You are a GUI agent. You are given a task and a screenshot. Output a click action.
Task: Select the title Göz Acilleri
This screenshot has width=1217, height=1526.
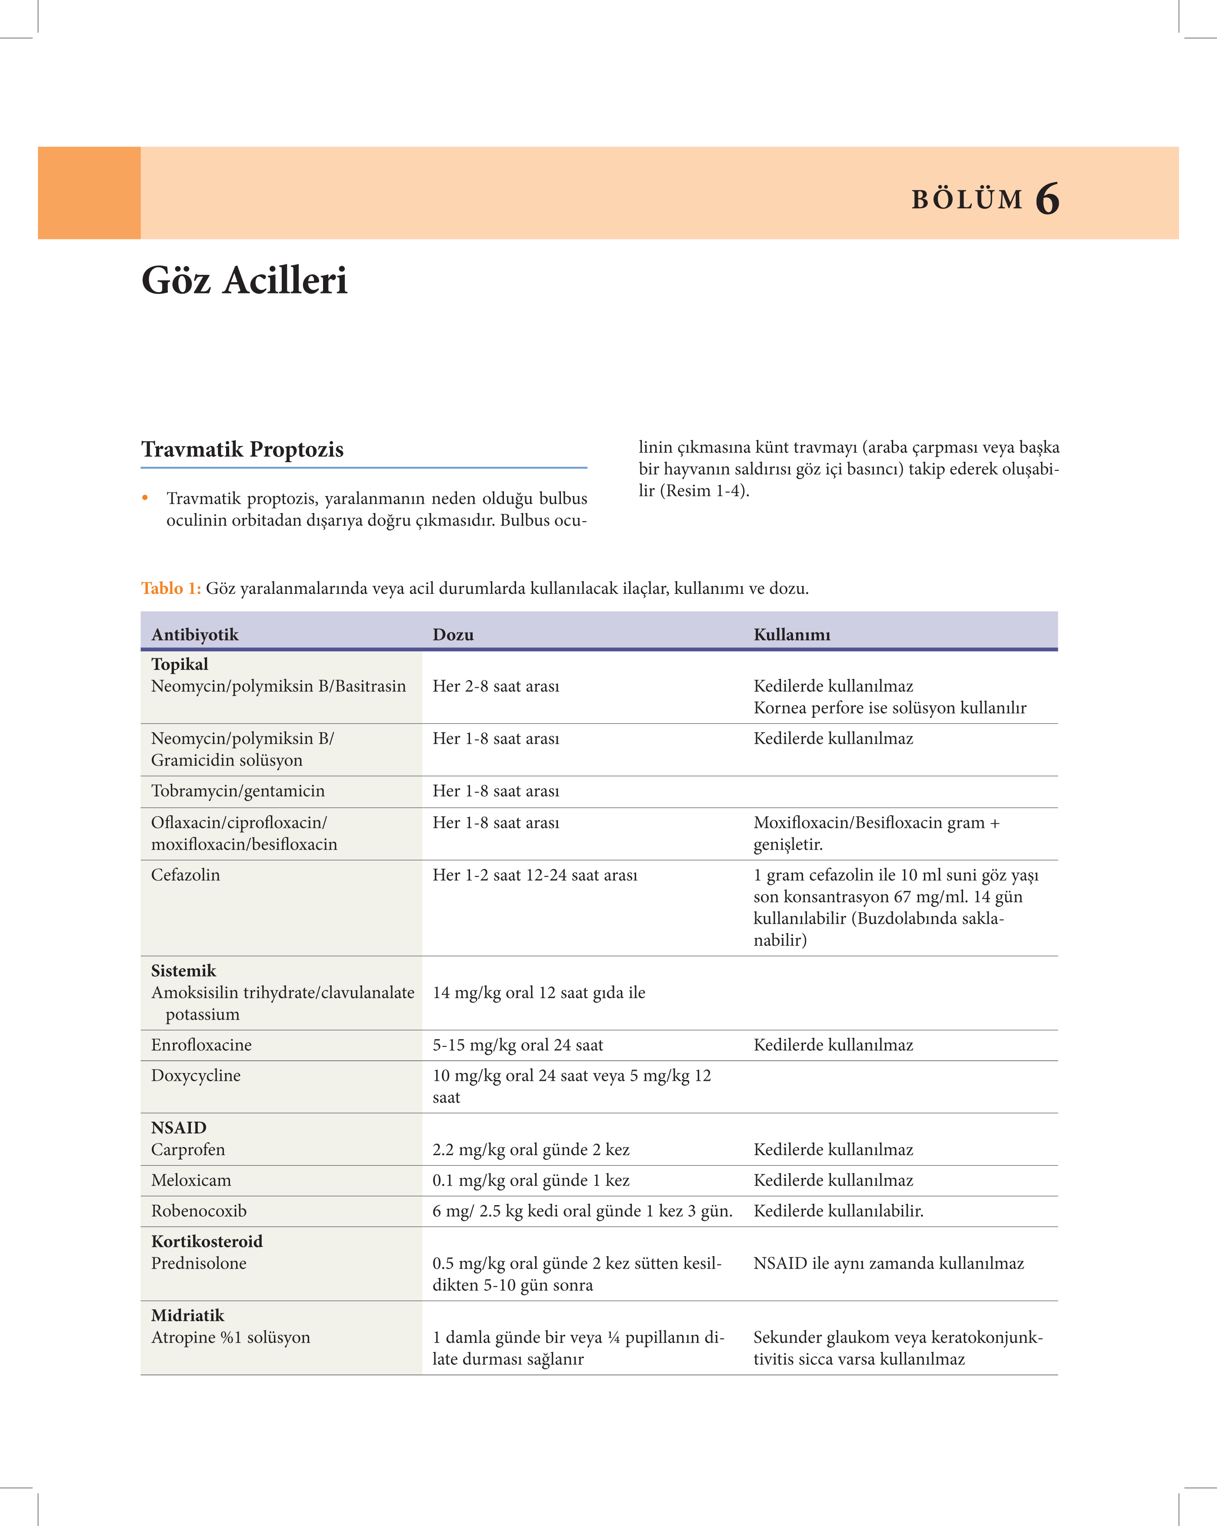(x=244, y=280)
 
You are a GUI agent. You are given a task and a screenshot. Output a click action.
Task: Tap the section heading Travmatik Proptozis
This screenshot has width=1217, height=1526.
(x=242, y=450)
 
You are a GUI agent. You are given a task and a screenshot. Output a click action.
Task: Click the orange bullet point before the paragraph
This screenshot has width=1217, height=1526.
(x=145, y=497)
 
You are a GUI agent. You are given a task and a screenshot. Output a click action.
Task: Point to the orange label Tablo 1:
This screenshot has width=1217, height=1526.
(x=170, y=588)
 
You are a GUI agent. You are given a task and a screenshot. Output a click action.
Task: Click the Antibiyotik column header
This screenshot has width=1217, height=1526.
(x=195, y=634)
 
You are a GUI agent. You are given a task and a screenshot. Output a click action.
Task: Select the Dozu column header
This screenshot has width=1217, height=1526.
(x=453, y=634)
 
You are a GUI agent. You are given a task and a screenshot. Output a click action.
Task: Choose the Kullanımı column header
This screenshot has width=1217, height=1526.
(x=791, y=634)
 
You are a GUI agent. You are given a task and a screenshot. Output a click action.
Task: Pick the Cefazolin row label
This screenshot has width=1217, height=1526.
(x=186, y=875)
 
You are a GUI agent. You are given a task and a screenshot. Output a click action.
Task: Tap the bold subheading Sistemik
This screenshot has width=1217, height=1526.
(x=183, y=970)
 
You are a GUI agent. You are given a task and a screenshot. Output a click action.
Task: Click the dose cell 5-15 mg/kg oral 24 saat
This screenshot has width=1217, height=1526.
(x=517, y=1045)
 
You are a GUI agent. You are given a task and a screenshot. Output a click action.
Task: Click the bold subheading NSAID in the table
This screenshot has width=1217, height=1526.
(x=178, y=1127)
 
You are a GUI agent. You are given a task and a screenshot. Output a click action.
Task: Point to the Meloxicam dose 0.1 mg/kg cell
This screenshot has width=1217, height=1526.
(x=531, y=1180)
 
